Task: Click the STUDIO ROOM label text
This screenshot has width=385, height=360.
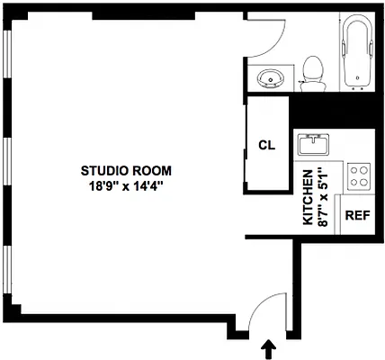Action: click(x=126, y=169)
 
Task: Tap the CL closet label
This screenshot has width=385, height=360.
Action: click(x=266, y=145)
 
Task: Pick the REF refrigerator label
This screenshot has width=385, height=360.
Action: click(x=357, y=215)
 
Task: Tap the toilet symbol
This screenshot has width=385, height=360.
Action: click(x=313, y=72)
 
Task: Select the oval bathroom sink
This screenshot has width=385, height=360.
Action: click(x=271, y=79)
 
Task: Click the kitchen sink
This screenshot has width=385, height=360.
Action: click(x=316, y=143)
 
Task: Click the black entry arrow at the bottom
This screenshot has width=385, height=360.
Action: click(x=267, y=347)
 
